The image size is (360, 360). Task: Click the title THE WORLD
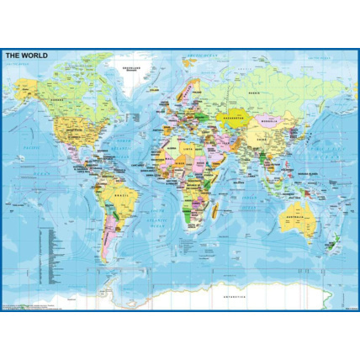(27, 56)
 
